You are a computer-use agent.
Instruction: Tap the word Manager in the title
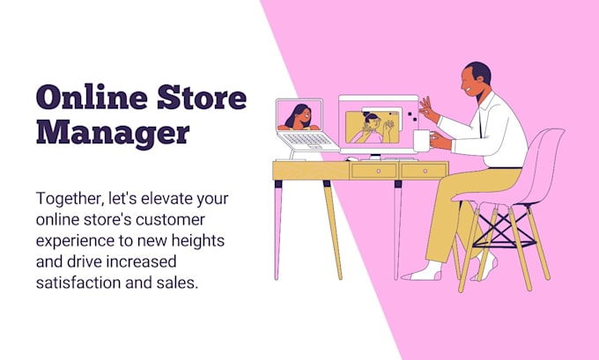pyautogui.click(x=112, y=132)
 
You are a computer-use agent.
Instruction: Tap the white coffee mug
pyautogui.click(x=422, y=140)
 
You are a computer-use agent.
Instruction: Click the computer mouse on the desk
pyautogui.click(x=352, y=158)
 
